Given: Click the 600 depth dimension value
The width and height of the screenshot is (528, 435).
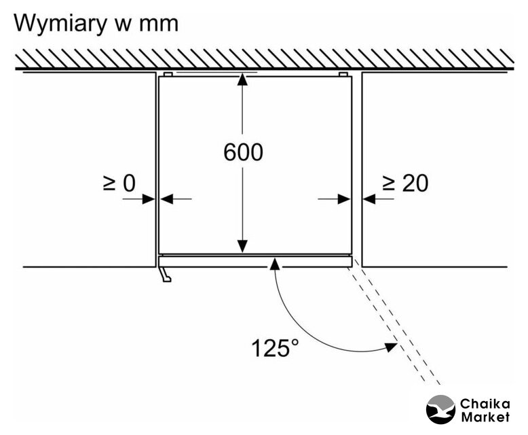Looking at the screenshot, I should coord(243,152).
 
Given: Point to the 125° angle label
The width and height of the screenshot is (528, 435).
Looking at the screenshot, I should coord(275,348).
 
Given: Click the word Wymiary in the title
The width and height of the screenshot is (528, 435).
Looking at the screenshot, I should coord(65,23).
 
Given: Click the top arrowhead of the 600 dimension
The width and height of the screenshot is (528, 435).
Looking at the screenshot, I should coord(243,79).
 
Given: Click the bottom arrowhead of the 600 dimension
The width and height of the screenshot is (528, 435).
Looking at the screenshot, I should coord(243,248).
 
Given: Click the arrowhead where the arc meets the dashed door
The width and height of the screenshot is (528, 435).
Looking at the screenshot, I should coord(390,347).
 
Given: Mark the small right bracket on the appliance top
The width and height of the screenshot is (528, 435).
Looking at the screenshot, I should coord(343,74).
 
